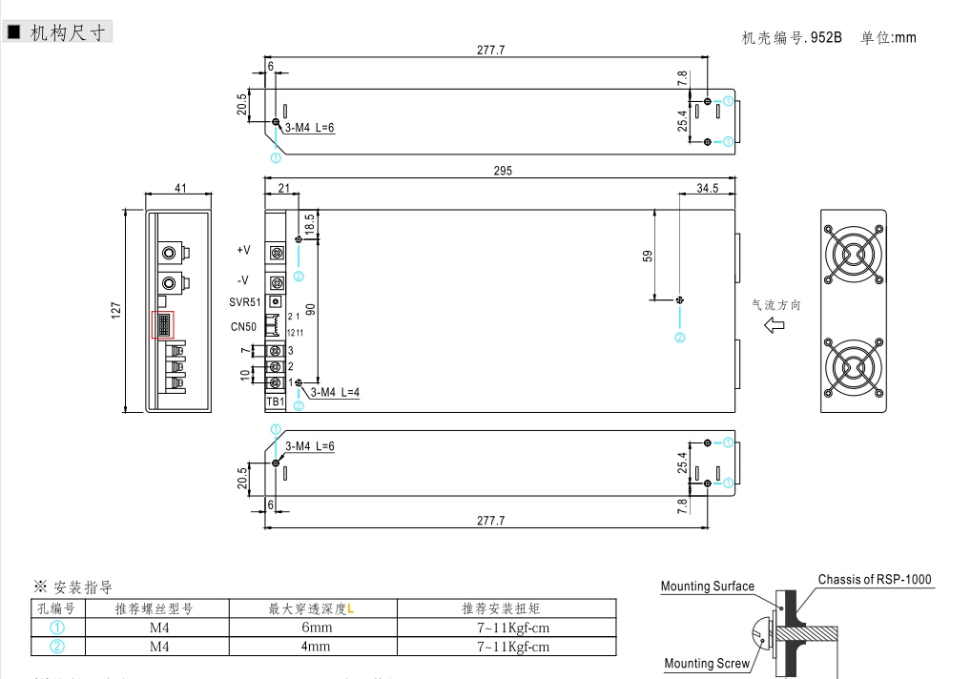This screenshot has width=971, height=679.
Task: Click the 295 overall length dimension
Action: (x=503, y=172)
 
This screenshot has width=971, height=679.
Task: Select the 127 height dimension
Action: (x=116, y=310)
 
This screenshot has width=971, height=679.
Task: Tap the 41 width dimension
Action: (x=180, y=188)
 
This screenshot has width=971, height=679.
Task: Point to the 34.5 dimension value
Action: (x=707, y=188)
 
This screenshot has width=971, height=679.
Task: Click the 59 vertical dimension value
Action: (x=648, y=257)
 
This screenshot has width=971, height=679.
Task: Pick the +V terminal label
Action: (x=243, y=250)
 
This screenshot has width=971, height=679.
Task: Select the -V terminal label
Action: (x=243, y=280)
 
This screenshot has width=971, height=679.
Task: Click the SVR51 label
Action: (x=244, y=302)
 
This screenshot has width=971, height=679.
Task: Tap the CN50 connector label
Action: (x=243, y=327)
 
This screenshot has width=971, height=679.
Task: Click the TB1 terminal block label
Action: (x=276, y=401)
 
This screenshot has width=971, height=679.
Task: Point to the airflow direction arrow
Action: (x=775, y=325)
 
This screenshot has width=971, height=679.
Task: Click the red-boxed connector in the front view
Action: (x=162, y=324)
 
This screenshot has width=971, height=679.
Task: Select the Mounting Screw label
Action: (x=707, y=664)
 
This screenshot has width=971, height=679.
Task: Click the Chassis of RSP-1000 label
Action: (x=875, y=579)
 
